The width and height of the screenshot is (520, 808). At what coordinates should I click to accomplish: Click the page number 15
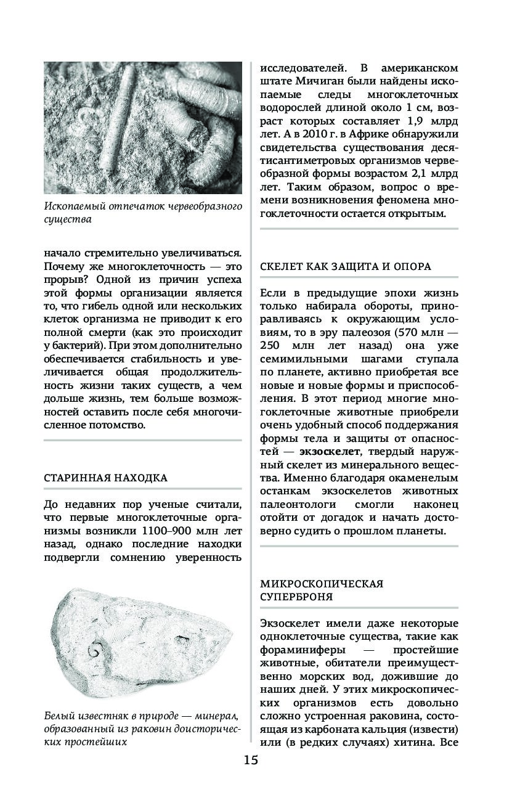pos(250,759)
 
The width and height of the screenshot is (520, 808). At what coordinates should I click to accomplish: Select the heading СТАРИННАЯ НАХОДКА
pos(105,478)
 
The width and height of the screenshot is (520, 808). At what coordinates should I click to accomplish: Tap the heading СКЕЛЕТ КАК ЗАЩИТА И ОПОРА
pos(345,266)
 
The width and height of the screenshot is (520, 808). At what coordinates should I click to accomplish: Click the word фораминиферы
pos(298,650)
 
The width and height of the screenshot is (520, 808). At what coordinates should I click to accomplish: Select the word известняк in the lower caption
pos(99,716)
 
